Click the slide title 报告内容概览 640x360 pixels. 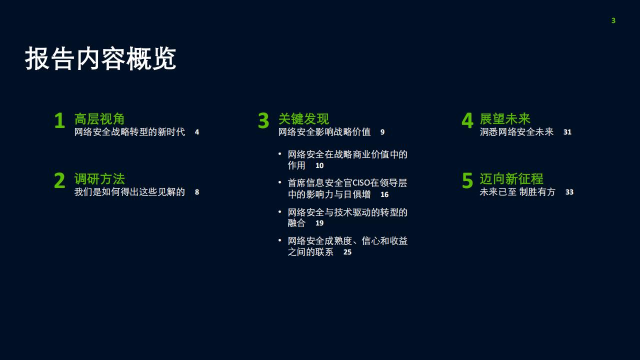tap(100, 58)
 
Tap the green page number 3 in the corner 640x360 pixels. tap(613, 20)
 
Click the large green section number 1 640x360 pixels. tap(59, 120)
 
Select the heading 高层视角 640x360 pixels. tap(99, 119)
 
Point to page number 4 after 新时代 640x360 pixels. tap(197, 132)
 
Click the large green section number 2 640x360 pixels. tap(59, 180)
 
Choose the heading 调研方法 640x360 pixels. tap(99, 179)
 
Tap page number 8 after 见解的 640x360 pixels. tap(197, 192)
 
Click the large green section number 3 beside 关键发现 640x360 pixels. tap(263, 120)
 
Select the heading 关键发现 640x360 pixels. tap(303, 119)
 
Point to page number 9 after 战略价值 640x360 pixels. tap(382, 132)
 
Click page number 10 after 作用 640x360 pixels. tap(319, 165)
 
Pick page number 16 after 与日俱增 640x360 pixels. tap(384, 194)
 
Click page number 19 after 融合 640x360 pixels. tap(319, 223)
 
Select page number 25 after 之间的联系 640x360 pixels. tap(347, 252)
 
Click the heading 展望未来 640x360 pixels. tap(505, 119)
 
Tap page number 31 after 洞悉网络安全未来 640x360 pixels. tap(567, 132)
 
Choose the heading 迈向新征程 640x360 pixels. tap(511, 179)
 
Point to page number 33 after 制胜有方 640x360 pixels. tap(569, 192)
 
